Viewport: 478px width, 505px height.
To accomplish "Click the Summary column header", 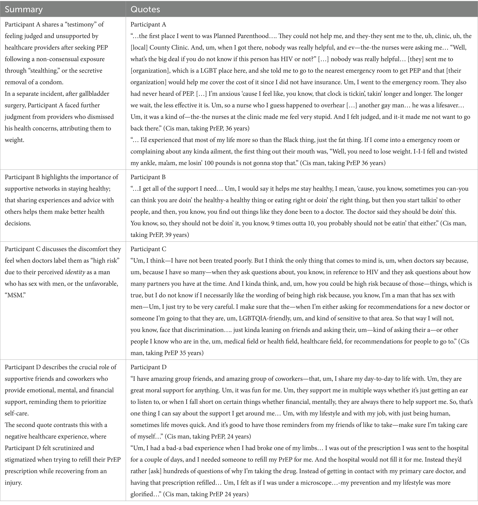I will click(24, 9).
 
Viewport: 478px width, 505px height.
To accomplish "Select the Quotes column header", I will click(145, 9).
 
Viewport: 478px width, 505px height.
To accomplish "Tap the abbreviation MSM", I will click(15, 295).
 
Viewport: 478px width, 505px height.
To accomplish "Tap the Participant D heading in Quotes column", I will click(148, 367).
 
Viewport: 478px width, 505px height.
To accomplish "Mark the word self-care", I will click(17, 413).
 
